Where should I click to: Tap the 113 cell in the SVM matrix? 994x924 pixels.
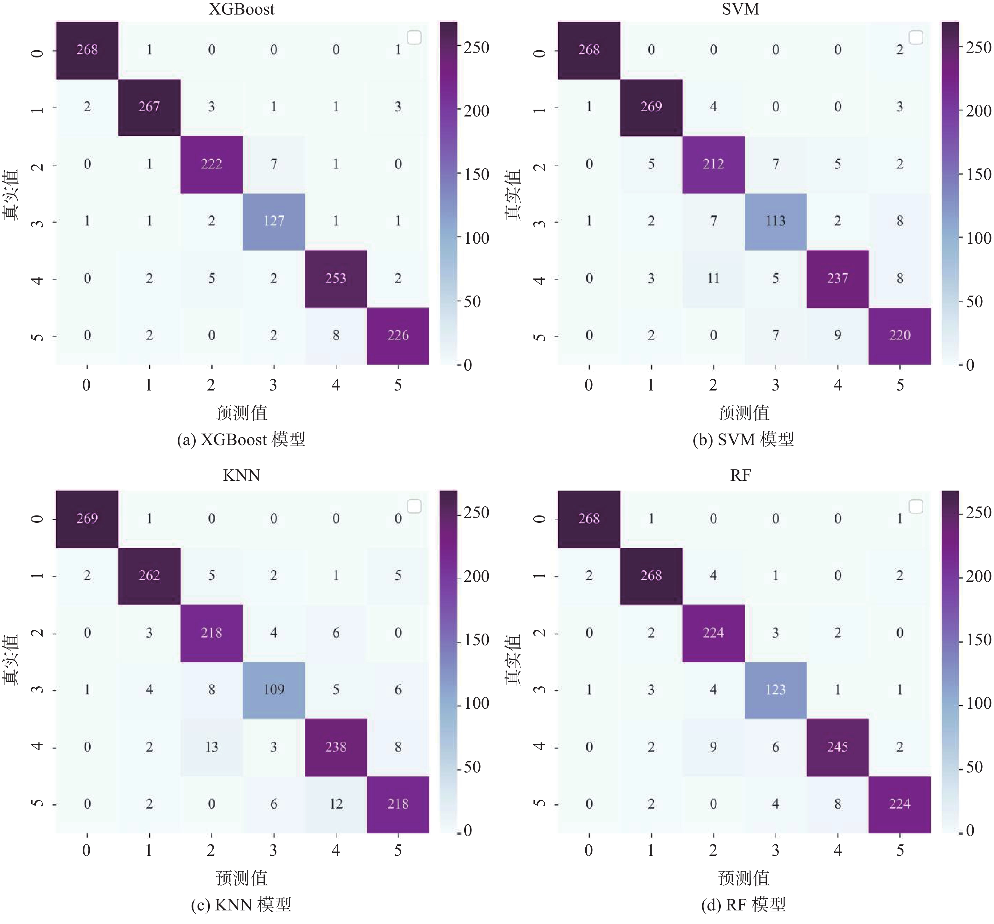click(x=775, y=221)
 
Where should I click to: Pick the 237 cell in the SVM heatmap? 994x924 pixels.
click(x=837, y=278)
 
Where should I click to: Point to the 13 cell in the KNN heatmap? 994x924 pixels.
click(x=211, y=747)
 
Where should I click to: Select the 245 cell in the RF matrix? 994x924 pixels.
click(x=837, y=747)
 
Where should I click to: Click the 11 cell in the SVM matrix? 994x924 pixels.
click(x=713, y=278)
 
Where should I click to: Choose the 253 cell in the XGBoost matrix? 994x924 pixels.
click(x=336, y=278)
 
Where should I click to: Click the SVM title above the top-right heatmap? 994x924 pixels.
click(x=740, y=9)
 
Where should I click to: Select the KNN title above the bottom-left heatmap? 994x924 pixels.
click(x=241, y=475)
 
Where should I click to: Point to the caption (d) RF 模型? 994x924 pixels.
click(x=743, y=904)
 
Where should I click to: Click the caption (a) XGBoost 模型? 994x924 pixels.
click(x=241, y=439)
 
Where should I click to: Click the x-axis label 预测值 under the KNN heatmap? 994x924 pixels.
click(x=241, y=878)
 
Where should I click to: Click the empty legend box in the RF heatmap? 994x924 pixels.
click(x=915, y=506)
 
